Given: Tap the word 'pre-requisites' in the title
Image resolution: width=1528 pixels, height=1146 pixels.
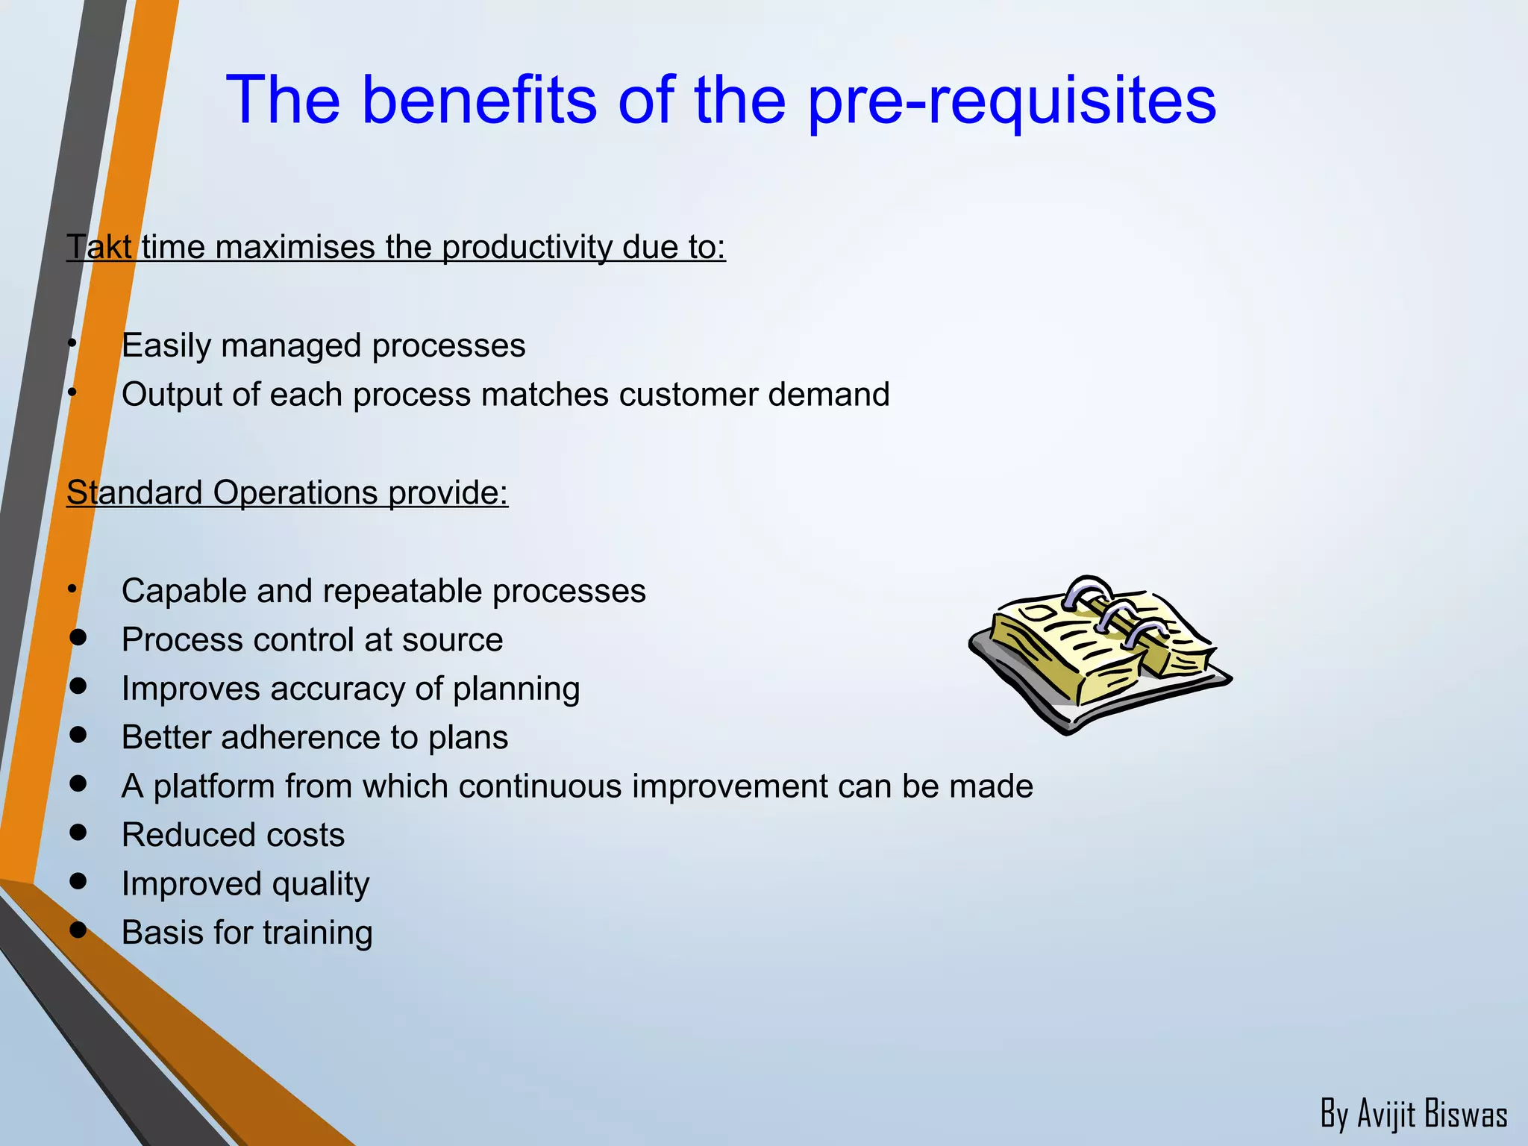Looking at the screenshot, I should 1012,101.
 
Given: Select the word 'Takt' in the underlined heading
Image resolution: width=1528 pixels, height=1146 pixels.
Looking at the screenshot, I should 98,247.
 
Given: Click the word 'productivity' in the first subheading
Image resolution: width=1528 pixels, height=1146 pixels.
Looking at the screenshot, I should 527,247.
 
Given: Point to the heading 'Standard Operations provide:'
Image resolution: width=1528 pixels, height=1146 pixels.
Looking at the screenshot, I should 287,492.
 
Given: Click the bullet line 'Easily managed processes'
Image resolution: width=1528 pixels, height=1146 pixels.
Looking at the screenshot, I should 323,345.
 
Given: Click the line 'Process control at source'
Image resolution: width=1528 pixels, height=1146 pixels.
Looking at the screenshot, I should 312,639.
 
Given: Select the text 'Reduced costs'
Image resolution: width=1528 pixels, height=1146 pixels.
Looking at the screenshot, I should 233,835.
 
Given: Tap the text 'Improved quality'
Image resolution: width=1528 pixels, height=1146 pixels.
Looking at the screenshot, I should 245,884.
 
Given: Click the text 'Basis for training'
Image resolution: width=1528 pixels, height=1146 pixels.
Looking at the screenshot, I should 247,933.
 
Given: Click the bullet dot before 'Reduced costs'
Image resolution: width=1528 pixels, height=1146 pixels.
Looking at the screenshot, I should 78,832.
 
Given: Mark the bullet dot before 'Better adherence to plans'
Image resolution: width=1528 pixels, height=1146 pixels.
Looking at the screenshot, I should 78,734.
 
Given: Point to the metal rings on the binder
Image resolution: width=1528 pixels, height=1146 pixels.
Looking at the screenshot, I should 1112,612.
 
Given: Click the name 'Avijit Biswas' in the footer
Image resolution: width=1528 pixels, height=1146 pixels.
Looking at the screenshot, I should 1432,1114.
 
